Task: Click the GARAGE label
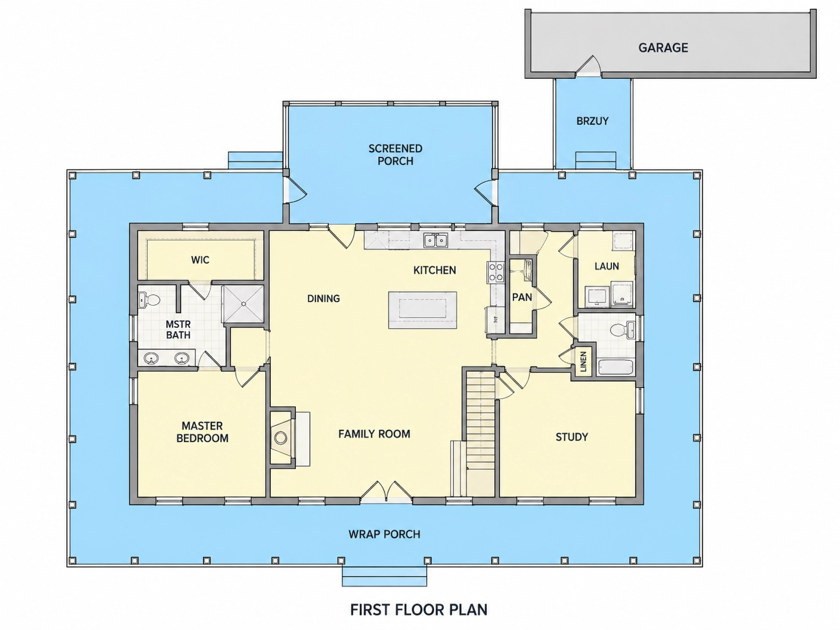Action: [663, 48]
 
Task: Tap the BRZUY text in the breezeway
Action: [592, 121]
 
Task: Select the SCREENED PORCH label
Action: [395, 154]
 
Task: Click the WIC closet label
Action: [200, 260]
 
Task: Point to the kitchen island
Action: [422, 310]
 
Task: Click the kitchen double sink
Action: [436, 241]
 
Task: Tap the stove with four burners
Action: [495, 272]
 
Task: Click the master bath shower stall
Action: [244, 304]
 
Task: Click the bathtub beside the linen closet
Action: [615, 367]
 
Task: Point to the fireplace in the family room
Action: [283, 437]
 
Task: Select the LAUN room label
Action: [607, 266]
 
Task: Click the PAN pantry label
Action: [522, 297]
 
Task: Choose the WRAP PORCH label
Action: [384, 534]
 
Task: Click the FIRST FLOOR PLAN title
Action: [419, 610]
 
